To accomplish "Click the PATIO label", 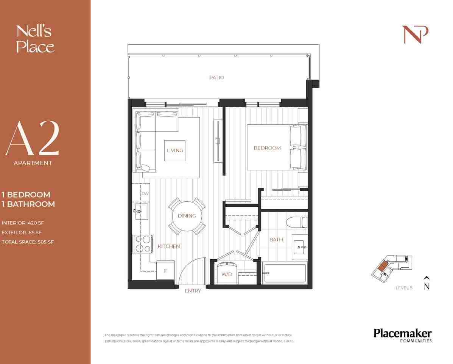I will coord(216,77).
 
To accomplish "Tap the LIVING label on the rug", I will coord(174,150).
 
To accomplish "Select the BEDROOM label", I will coord(267,148).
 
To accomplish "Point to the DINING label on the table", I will coord(187,216).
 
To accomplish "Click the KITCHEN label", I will coord(169,246).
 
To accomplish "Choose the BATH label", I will coord(276,239).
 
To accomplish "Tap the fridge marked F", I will coord(165,271).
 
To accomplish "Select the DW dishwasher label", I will coord(145,193).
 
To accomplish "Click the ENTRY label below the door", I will coord(193,291).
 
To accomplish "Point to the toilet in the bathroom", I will coord(297,222).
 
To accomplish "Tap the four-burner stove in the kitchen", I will coord(142,243).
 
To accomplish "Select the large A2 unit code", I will coord(32,140).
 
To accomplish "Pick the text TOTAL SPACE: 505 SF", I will coord(28,242).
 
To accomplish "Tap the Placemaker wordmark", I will coord(402,333).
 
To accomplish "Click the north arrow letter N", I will coord(427,287).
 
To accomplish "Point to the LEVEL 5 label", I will coord(404,288).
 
